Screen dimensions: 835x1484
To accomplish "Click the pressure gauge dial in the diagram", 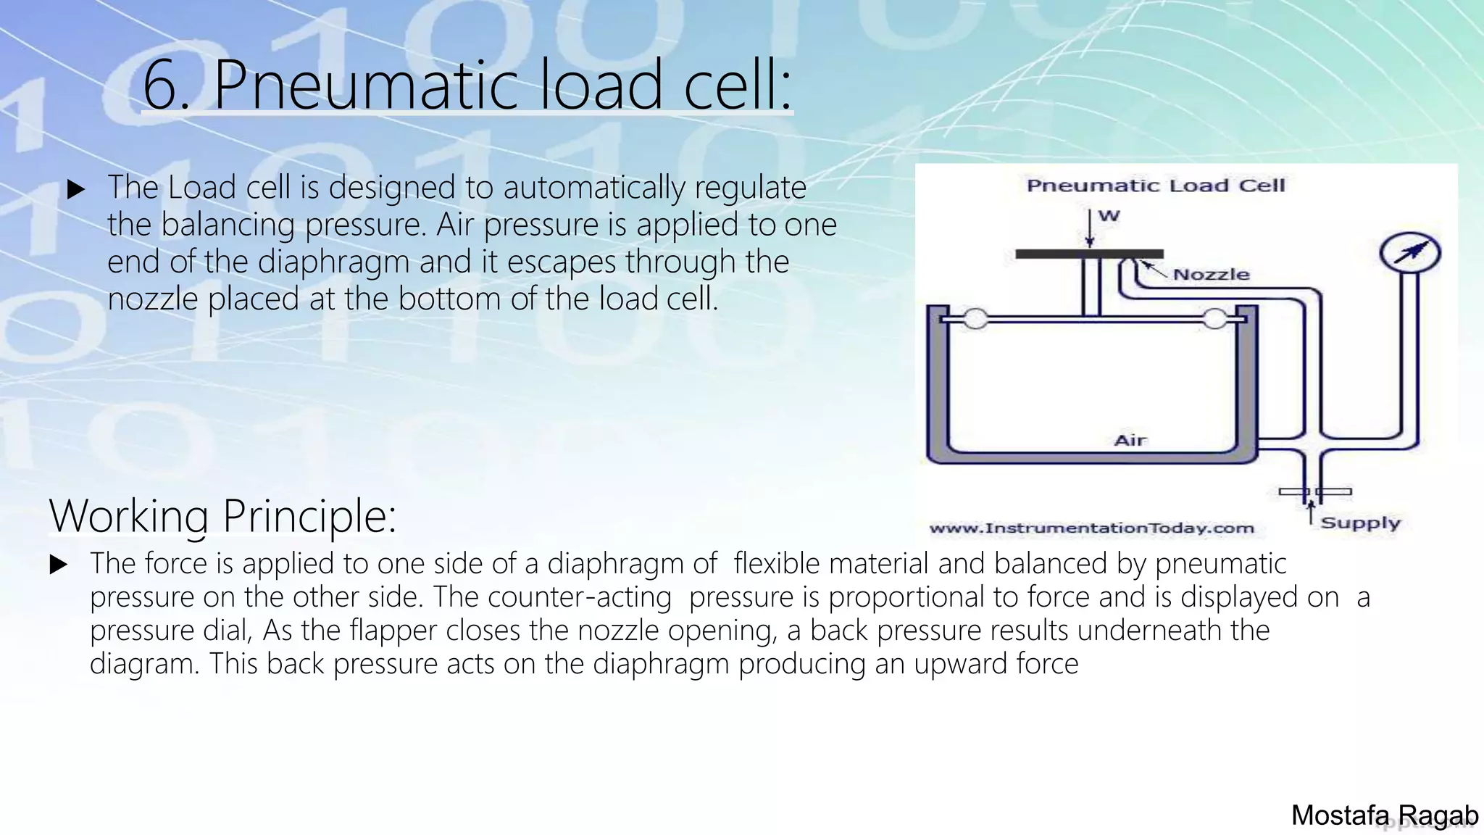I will [1409, 253].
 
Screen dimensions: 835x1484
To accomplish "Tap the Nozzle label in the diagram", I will [1211, 275].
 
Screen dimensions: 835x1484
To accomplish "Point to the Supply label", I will [1360, 523].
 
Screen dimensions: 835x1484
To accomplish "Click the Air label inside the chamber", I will [1130, 440].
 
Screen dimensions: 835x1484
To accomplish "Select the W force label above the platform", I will [1109, 215].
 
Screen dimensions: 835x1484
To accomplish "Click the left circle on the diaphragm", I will [975, 318].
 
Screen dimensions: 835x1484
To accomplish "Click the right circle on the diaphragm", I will [1215, 318].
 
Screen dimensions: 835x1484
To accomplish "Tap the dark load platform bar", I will [1089, 254].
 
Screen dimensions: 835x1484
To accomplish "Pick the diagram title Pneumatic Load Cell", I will [1156, 186].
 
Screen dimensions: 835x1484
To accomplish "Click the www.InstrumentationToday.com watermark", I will [1091, 528].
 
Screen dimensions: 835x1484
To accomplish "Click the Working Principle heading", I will [222, 515].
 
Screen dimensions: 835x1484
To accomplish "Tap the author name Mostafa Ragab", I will [1384, 815].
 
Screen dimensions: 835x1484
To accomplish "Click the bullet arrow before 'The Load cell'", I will [75, 190].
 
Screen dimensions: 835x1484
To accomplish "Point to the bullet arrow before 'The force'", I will [59, 565].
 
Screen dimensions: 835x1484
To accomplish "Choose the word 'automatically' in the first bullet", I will [593, 188].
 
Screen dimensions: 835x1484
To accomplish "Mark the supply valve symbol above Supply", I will [1314, 491].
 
